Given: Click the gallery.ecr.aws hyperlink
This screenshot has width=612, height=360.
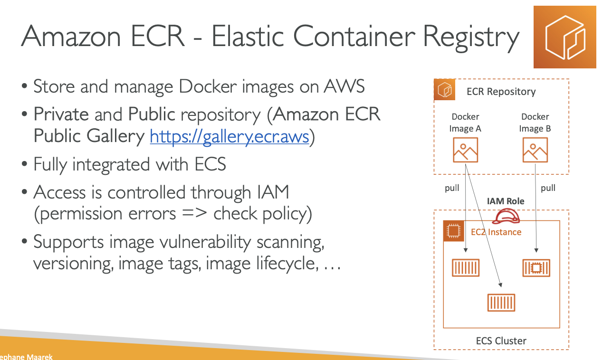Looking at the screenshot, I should [x=229, y=136].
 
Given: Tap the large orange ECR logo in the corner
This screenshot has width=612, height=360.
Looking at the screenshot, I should [x=564, y=37].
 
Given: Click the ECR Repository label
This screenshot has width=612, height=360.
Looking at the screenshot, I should [x=501, y=92].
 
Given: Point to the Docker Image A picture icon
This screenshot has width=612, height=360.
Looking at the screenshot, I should [x=465, y=150].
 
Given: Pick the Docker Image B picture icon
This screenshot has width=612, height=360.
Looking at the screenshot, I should [x=535, y=150].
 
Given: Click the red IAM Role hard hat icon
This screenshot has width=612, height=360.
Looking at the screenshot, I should [x=506, y=217].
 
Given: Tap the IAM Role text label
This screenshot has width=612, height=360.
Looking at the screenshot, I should [x=506, y=201].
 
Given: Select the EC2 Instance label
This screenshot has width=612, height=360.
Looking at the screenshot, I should [x=496, y=232].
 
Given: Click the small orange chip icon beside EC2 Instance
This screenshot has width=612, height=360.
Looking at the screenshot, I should [x=453, y=231].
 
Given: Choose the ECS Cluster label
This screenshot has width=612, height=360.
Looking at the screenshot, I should [x=501, y=341].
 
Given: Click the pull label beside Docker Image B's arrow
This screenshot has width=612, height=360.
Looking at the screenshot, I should [x=548, y=188].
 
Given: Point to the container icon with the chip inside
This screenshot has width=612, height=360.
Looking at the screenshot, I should [x=536, y=268].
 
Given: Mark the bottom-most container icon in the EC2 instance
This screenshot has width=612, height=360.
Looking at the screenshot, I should [x=501, y=302].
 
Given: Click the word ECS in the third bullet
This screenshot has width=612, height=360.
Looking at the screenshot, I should [x=210, y=164].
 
